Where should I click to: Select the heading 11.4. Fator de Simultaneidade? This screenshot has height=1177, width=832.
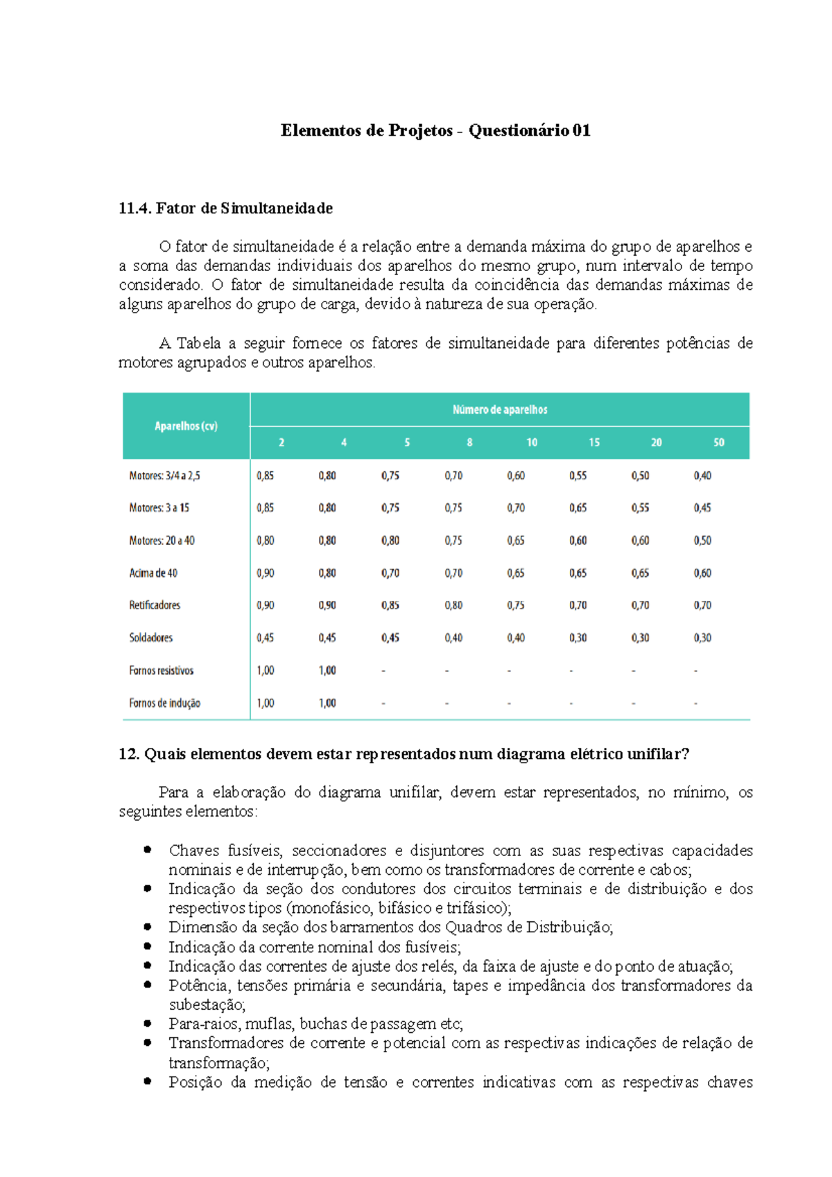(x=225, y=208)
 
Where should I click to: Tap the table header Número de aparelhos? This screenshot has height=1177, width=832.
(x=499, y=410)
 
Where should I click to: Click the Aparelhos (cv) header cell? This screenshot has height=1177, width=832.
(x=186, y=426)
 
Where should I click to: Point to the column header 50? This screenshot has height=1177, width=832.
(x=718, y=442)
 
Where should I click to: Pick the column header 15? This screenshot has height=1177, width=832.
(x=593, y=442)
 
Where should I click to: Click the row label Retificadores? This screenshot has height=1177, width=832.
(x=155, y=605)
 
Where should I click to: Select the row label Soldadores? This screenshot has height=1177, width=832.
(x=150, y=638)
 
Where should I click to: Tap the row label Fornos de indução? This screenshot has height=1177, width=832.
(x=164, y=703)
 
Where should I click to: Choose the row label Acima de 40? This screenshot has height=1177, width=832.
(x=153, y=573)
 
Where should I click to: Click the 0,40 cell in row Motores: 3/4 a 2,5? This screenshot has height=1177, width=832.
(x=702, y=476)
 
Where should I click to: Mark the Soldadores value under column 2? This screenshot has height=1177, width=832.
(x=265, y=638)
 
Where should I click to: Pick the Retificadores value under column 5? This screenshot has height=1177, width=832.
(x=390, y=605)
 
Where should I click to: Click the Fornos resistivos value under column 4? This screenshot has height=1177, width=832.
(x=327, y=670)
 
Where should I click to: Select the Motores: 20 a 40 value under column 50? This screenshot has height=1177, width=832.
(x=702, y=541)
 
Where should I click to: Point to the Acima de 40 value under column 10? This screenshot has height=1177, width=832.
(x=515, y=573)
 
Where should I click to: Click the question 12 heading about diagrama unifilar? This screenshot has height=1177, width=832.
(x=404, y=754)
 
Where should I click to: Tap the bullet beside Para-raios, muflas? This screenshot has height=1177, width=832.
(x=148, y=1023)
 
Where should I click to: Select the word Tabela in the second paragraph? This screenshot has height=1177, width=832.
(x=198, y=343)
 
